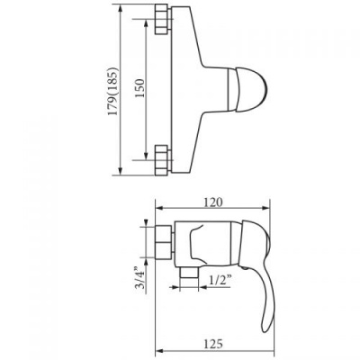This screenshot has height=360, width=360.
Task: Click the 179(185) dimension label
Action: [x=113, y=92]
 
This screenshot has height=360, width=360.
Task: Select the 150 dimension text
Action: [x=139, y=88]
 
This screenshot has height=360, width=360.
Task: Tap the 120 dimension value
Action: [x=213, y=202]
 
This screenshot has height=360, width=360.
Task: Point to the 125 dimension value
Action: [x=213, y=344]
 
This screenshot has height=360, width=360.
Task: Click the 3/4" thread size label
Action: [x=139, y=277]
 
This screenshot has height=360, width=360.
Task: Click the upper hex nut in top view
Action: [x=162, y=19]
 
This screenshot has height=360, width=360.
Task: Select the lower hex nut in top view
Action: [x=162, y=160]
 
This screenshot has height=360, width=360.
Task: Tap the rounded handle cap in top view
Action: [x=250, y=90]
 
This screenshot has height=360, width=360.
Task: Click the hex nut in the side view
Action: [x=164, y=242]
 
